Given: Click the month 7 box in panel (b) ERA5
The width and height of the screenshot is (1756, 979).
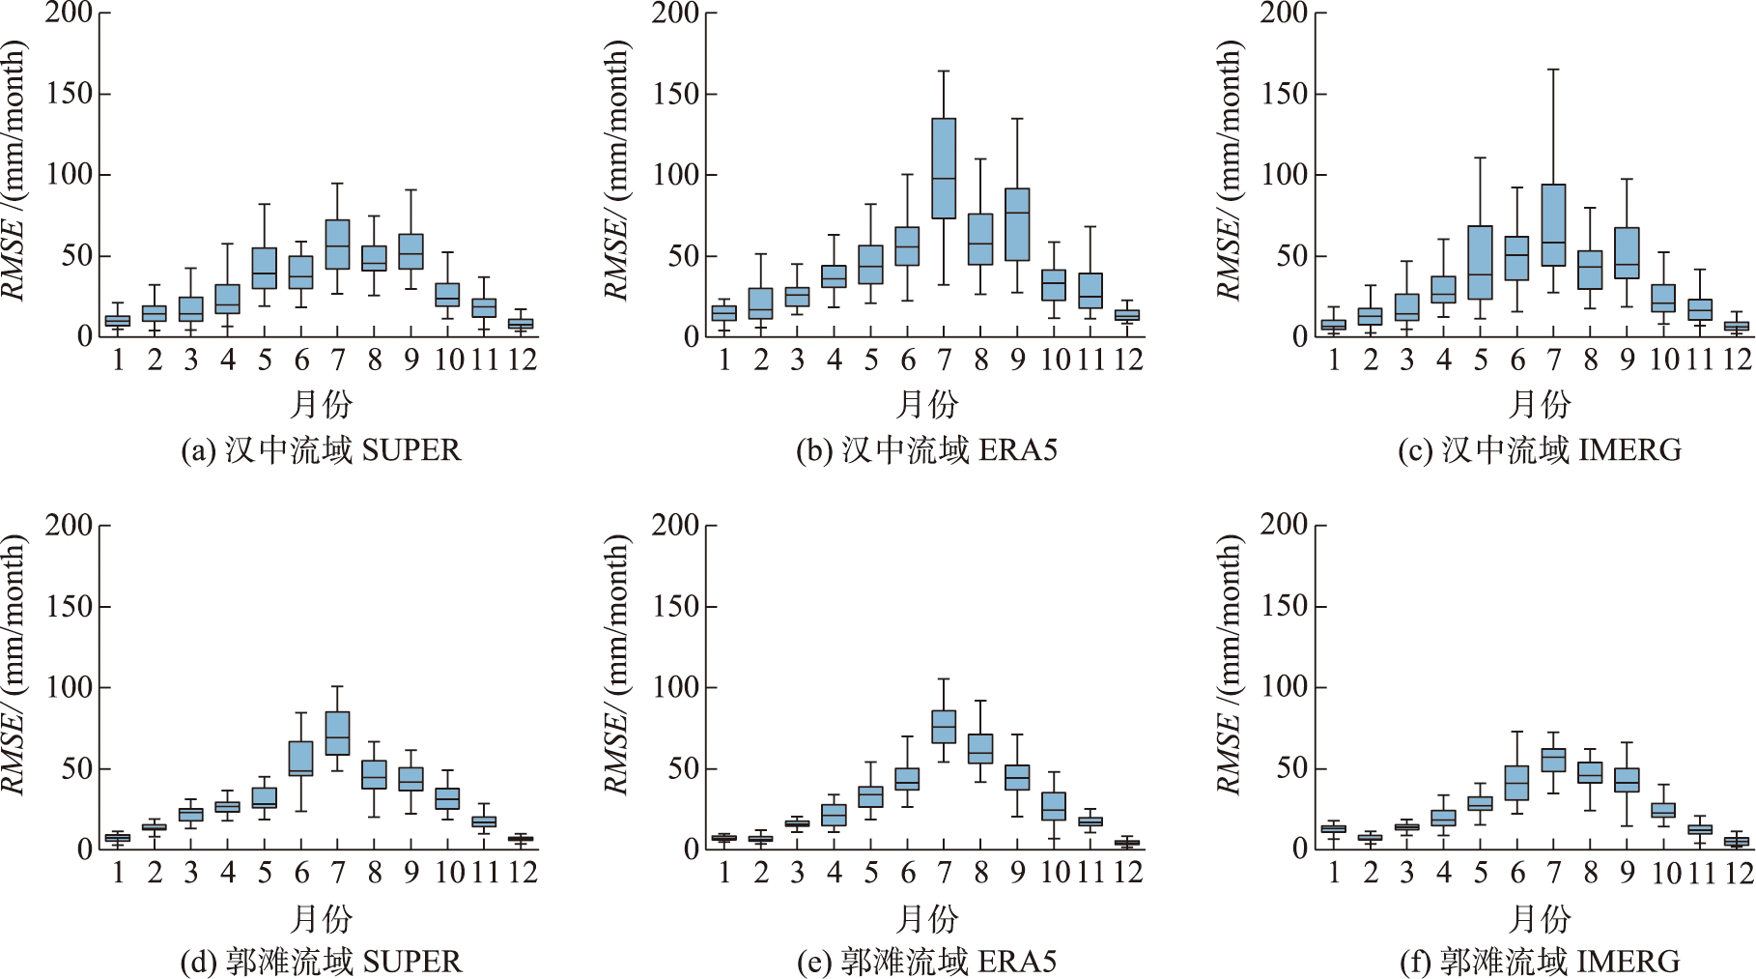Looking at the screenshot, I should point(944,169).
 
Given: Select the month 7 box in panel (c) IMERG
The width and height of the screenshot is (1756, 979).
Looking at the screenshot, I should point(1553,225).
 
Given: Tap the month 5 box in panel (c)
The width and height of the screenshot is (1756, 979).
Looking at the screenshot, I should point(1480,263).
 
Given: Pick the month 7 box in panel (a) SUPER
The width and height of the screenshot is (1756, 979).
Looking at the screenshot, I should point(337,245).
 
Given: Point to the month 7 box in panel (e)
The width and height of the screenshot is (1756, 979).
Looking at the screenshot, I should point(944,727).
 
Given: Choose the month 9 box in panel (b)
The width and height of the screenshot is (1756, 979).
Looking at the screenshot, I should point(1017,224).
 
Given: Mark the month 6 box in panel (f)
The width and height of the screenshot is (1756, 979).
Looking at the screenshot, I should point(1516,783).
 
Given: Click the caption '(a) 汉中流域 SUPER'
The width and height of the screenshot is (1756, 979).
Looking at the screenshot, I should point(321,450).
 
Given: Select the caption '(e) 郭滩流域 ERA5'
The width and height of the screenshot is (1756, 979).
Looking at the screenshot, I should point(926,962).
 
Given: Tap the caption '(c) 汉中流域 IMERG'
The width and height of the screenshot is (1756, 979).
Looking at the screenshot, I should point(1540,450).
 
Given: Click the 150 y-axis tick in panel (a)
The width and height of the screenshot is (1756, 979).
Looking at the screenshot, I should point(70,94).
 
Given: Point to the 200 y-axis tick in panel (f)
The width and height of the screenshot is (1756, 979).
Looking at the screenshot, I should point(1285,525).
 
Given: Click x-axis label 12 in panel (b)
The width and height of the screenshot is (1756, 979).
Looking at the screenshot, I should point(1127,360).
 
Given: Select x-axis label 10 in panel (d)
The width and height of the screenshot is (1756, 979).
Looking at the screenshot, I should point(447,873).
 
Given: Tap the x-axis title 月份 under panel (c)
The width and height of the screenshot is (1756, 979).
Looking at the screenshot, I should point(1540,404).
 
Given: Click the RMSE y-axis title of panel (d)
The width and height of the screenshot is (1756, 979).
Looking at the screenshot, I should point(14,667).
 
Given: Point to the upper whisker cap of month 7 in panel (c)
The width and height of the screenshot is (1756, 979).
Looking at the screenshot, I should point(1553,70).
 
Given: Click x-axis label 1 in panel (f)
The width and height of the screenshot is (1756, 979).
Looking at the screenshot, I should point(1334,873).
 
